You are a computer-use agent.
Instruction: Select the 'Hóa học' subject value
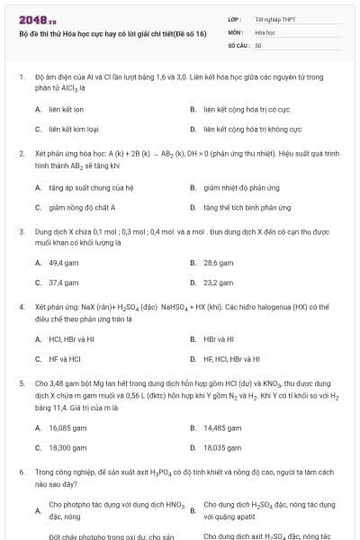coord(265,31)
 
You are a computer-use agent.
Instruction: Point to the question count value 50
coord(258,44)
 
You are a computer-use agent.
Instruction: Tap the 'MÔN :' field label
coord(236,31)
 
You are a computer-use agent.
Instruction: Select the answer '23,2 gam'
coord(219,283)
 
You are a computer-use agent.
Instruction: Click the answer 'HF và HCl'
coord(66,359)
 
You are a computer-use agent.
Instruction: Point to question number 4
coord(21,307)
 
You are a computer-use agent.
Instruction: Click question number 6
coord(21,472)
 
